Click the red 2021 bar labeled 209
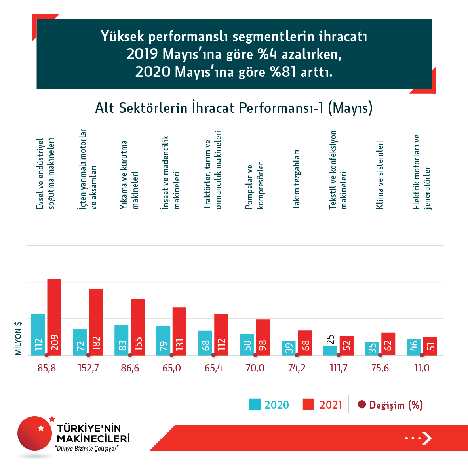pos(54,317)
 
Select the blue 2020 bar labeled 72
pos(80,342)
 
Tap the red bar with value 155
pos(138,327)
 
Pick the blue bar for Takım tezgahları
pos(289,348)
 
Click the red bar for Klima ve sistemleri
pos(388,344)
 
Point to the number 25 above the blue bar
pos(331,340)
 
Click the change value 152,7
pos(88,368)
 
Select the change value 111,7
pos(339,368)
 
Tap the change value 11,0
pos(422,368)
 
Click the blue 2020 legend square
pos(255,405)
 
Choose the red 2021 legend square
pos(308,405)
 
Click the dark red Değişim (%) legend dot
pos(361,405)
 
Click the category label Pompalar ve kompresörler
pos(255,186)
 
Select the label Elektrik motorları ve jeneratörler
pos(421,172)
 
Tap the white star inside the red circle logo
pos(41,428)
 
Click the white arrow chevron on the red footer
pos(426,438)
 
